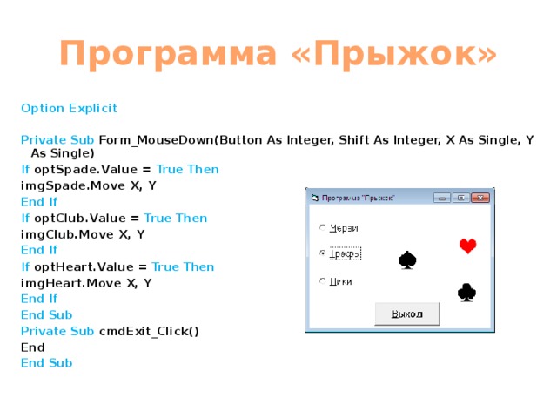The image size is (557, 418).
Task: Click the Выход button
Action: click(406, 313)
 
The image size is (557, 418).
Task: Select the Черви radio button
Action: click(323, 228)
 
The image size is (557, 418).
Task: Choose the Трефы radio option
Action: click(323, 253)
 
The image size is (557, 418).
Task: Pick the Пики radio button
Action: click(323, 280)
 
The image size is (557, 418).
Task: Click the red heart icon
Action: click(467, 246)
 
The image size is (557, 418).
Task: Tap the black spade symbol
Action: click(406, 260)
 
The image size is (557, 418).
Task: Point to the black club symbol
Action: click(466, 293)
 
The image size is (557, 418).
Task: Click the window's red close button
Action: click(480, 198)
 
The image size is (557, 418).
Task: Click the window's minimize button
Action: click(444, 198)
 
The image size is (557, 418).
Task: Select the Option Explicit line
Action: click(69, 109)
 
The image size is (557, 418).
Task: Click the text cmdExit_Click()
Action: click(149, 331)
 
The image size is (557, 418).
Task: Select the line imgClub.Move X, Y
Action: click(82, 234)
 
